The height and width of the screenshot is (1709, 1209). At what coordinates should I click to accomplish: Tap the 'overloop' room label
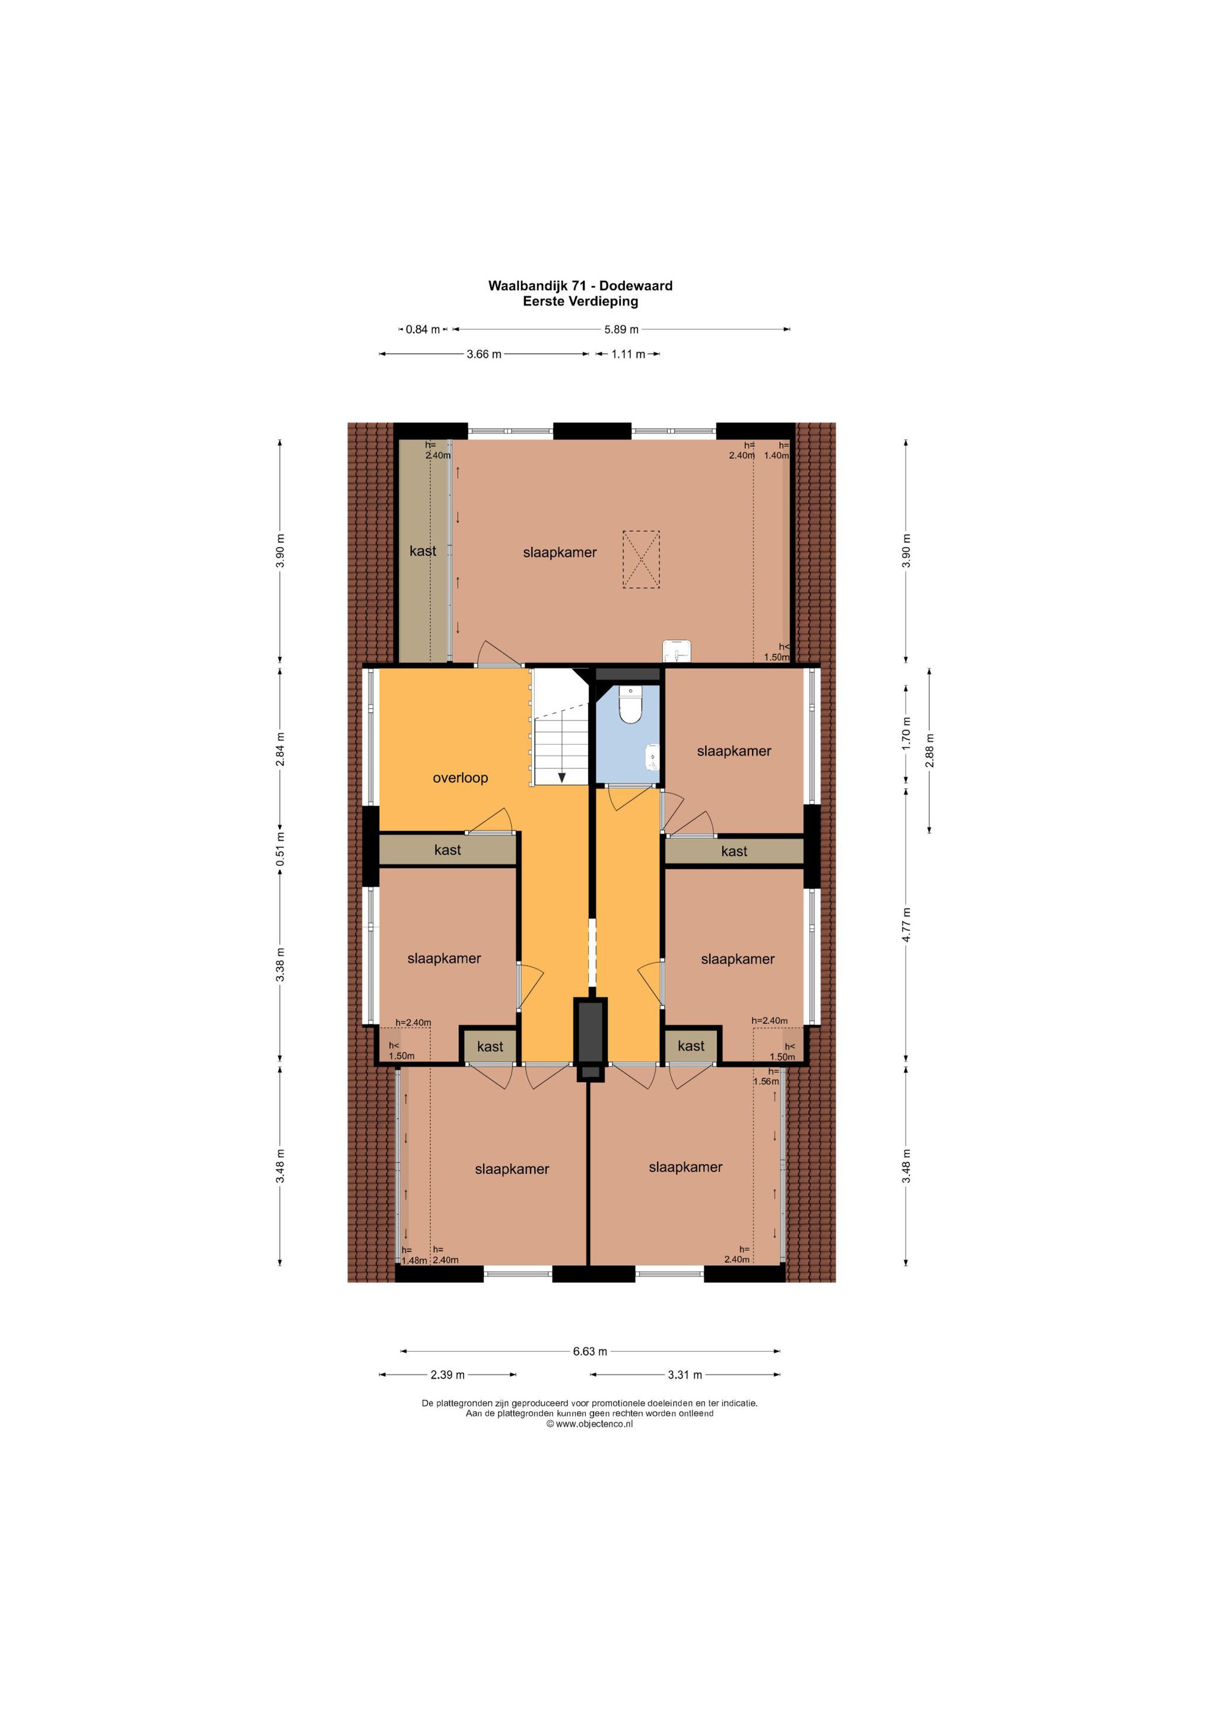click(x=460, y=778)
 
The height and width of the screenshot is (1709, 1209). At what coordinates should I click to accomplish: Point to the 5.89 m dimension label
click(x=621, y=329)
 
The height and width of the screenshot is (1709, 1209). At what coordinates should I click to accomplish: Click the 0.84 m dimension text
click(x=423, y=329)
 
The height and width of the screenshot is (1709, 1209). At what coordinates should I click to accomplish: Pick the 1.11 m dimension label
click(x=629, y=354)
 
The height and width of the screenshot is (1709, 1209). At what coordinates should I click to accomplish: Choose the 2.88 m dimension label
click(x=929, y=749)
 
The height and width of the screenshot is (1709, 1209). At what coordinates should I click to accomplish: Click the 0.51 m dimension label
click(x=280, y=849)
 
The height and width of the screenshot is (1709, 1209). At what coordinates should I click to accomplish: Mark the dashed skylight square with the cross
click(x=641, y=560)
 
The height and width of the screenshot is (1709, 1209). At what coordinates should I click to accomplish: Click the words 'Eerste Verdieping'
click(x=580, y=301)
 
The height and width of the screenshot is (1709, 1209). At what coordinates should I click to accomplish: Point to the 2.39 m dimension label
click(x=448, y=1375)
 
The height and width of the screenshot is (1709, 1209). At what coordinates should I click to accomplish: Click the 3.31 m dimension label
click(x=685, y=1375)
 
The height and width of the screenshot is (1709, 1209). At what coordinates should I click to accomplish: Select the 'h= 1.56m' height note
click(x=766, y=1076)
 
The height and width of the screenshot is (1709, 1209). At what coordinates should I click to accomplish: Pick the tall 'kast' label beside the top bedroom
click(x=423, y=551)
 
